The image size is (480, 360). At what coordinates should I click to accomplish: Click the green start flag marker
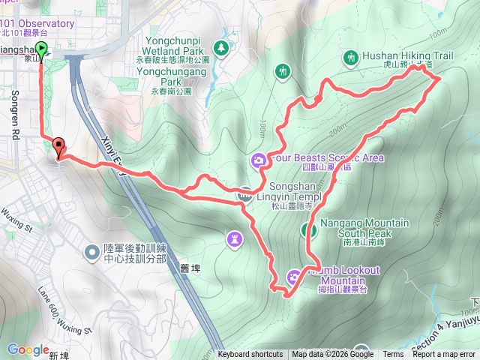(41, 50)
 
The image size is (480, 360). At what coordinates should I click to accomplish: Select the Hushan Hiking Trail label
(408, 55)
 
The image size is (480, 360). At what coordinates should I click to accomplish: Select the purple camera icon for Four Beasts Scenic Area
(258, 158)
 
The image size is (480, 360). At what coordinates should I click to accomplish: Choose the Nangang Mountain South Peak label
(364, 228)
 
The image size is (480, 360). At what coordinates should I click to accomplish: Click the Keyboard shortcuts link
(250, 355)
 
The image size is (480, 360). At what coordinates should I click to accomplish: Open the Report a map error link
(444, 355)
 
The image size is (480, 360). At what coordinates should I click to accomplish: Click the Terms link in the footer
(393, 355)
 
